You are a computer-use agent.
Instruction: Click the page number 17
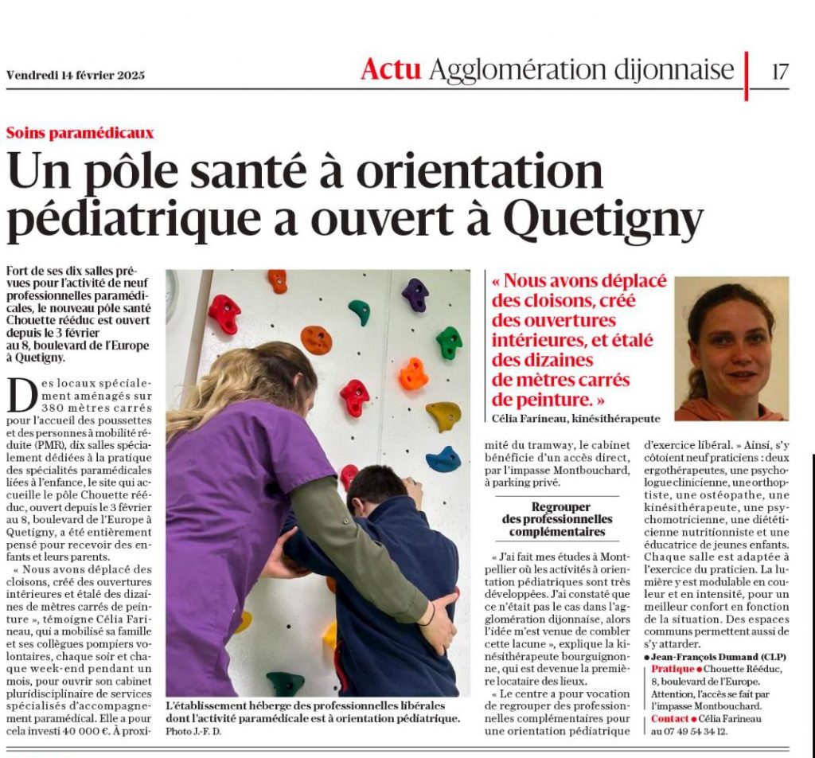(780, 71)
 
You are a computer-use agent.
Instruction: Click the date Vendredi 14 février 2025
(76, 76)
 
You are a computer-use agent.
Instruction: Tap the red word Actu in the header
(390, 70)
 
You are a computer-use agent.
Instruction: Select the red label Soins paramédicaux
(80, 134)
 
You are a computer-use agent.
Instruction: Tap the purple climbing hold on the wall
(415, 295)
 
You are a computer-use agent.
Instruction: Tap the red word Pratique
(673, 670)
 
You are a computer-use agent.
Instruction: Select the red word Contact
(670, 718)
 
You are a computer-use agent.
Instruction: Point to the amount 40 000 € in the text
(102, 730)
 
